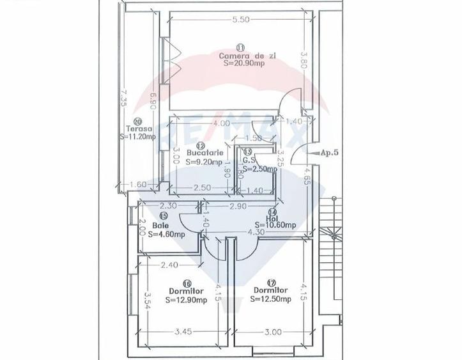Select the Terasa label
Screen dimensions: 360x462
pyautogui.click(x=134, y=128)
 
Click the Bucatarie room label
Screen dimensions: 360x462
pyautogui.click(x=204, y=153)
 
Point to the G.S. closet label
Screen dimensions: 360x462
pyautogui.click(x=249, y=160)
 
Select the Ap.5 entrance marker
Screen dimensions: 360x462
pyautogui.click(x=328, y=153)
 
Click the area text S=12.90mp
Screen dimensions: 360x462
pyautogui.click(x=186, y=299)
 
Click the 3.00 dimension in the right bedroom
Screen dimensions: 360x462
pyautogui.click(x=272, y=333)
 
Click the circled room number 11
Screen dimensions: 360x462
pyautogui.click(x=240, y=47)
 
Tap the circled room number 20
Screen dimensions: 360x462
pyautogui.click(x=136, y=120)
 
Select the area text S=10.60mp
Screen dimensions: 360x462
pyautogui.click(x=275, y=225)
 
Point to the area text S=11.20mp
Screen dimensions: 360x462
pyautogui.click(x=137, y=136)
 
